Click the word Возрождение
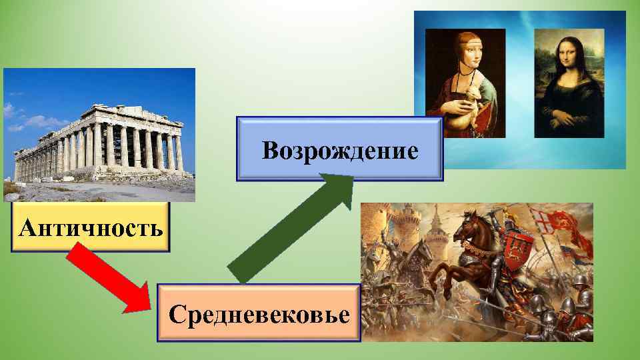(340, 151)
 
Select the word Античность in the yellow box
(91, 228)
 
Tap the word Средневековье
(259, 313)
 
